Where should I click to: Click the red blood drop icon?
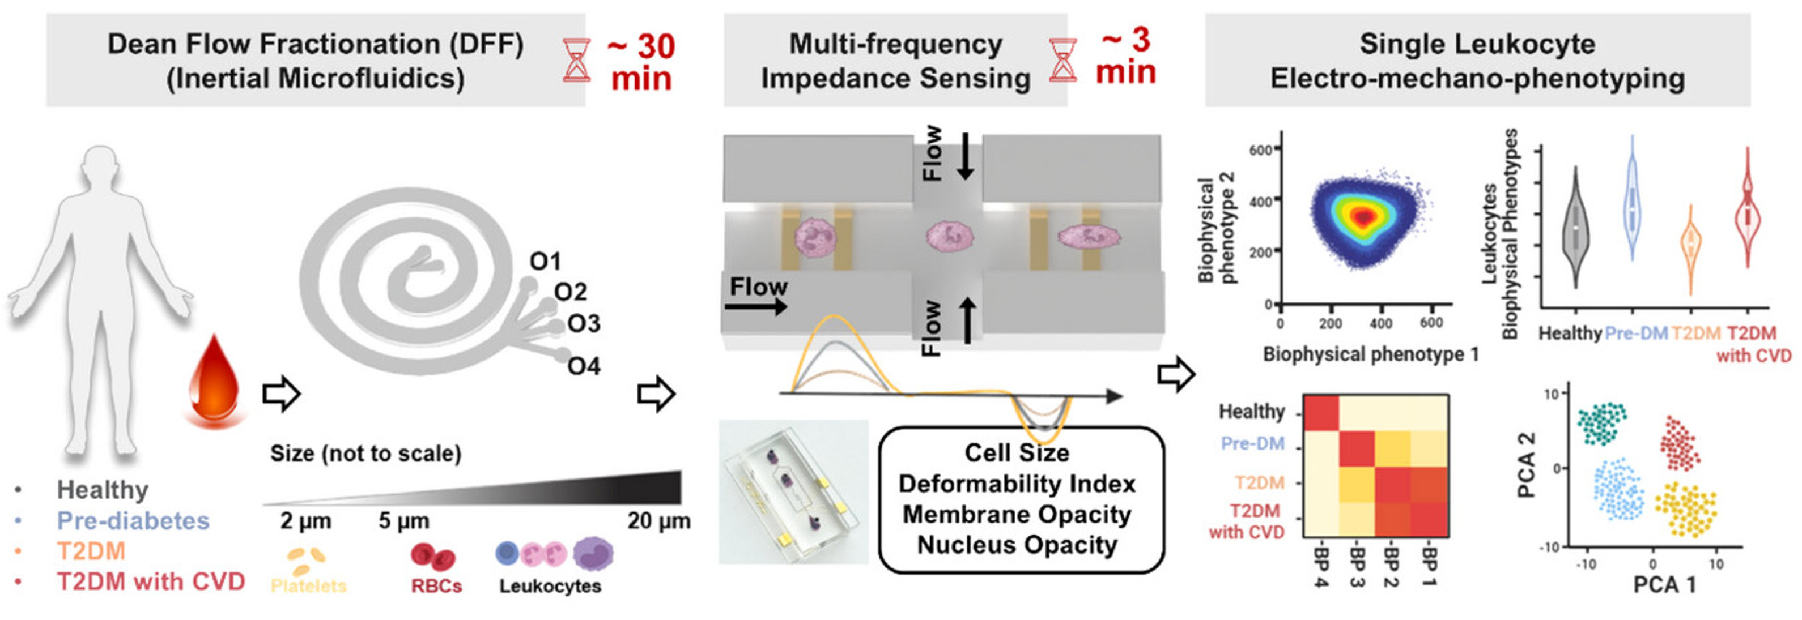[214, 381]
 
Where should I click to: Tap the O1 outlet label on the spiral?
[545, 262]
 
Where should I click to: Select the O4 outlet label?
[584, 366]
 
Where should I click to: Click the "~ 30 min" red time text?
[640, 62]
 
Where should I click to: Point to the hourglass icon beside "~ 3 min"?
[1062, 61]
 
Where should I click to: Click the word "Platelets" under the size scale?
[308, 586]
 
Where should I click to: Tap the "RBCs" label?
[436, 586]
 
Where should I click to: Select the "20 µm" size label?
[658, 521]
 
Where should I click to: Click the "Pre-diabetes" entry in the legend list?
[133, 521]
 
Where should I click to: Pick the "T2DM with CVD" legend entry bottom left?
[150, 581]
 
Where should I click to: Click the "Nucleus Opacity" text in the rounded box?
[1017, 545]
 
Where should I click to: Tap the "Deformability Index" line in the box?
[1017, 484]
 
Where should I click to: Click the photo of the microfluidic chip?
[793, 492]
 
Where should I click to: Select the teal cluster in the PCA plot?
[1602, 424]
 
